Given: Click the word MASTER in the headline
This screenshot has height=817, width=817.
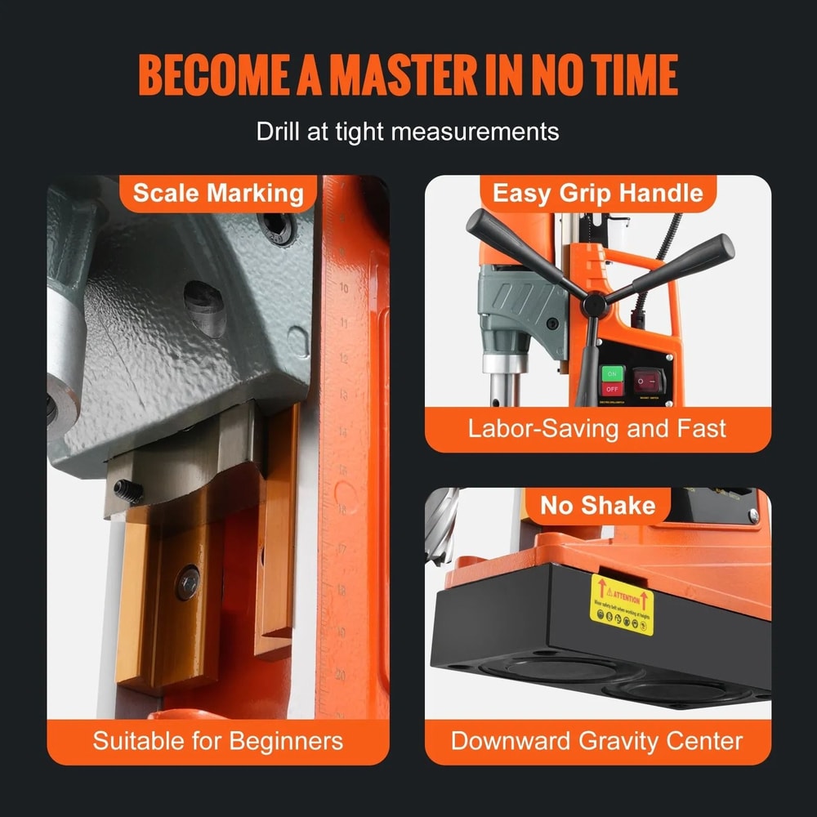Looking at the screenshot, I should [407, 75].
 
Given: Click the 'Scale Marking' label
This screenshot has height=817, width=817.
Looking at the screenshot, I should [218, 194].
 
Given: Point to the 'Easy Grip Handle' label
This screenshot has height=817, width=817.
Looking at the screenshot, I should [597, 194].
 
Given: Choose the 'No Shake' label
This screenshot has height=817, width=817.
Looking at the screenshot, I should [597, 506].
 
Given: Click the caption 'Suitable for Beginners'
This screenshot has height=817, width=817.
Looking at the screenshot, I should [218, 741].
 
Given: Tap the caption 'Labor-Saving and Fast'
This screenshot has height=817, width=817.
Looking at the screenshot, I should [597, 428].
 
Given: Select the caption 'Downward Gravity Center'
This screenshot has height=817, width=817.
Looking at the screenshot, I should [597, 741].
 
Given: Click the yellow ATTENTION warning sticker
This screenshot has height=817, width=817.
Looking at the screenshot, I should [622, 605].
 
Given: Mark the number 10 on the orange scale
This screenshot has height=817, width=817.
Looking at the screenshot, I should [344, 288].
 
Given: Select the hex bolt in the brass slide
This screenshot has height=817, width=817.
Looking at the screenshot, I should [188, 581].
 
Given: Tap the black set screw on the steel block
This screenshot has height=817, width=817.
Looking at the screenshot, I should [128, 491].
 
